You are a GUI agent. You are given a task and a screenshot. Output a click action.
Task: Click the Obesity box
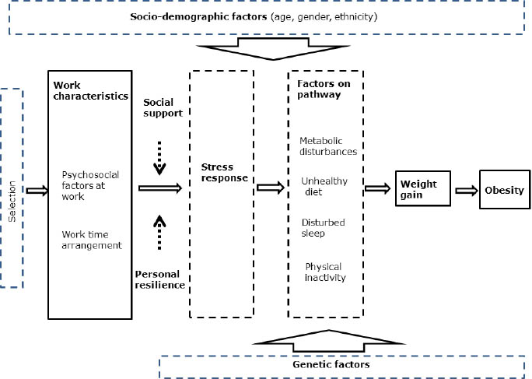(x=504, y=191)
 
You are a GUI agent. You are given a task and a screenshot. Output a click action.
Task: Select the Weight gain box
(x=418, y=190)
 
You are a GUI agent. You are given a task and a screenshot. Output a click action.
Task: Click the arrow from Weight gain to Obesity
(x=465, y=191)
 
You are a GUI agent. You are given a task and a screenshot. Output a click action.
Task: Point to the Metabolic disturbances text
(x=328, y=146)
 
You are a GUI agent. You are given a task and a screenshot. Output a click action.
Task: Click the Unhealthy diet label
(x=324, y=186)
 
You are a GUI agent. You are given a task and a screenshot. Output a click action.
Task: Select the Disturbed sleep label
(x=324, y=227)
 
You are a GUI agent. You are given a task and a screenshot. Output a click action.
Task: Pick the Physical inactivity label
(x=325, y=272)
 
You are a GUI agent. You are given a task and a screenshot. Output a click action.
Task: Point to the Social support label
(x=163, y=107)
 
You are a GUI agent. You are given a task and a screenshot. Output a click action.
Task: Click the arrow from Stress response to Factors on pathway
(x=270, y=188)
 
